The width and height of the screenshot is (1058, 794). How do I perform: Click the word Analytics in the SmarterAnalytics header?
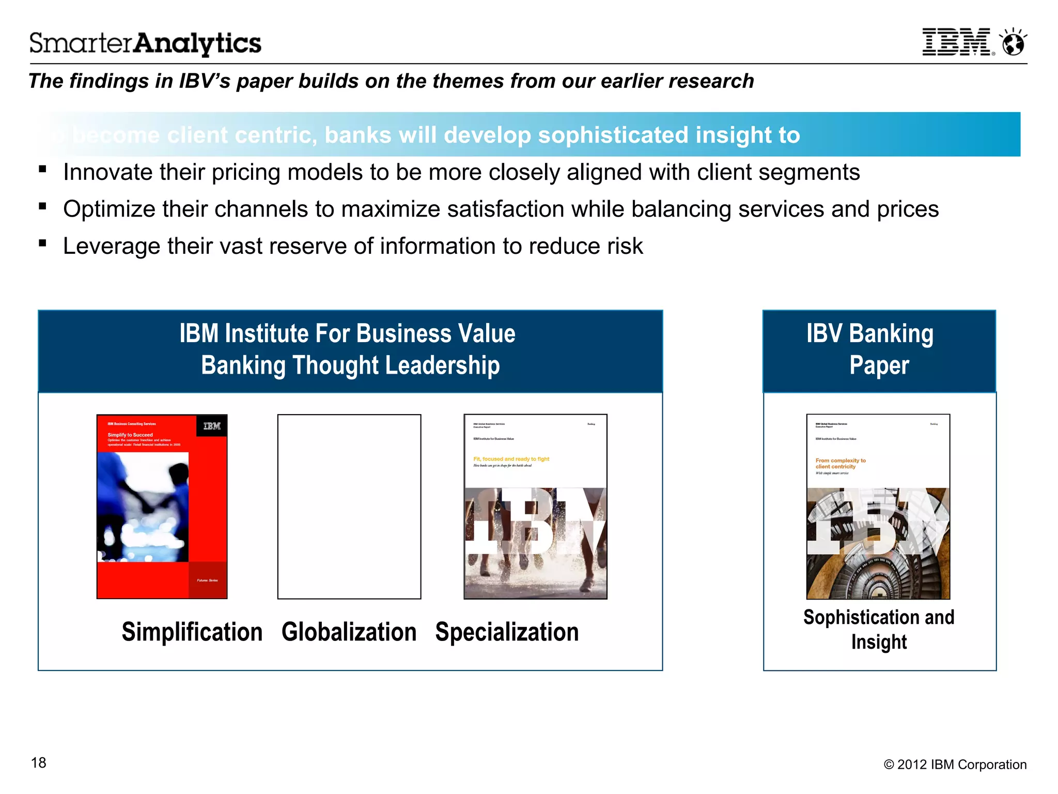point(198,43)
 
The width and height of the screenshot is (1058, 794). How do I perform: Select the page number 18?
point(39,763)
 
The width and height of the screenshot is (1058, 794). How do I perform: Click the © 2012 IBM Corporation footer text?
point(955,765)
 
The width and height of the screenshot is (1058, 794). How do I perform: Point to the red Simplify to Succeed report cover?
point(162,507)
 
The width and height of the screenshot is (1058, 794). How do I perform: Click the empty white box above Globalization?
point(349,507)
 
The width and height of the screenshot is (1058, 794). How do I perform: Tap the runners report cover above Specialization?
point(535,507)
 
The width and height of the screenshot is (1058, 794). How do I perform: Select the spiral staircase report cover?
point(878,507)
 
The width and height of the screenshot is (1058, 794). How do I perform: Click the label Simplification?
point(192,632)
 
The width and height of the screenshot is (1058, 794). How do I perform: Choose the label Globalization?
point(349,632)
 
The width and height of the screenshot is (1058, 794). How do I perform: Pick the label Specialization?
point(507,632)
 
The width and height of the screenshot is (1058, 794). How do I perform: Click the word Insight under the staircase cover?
point(879,642)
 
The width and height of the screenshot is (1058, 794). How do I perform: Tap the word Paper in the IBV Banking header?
point(879,365)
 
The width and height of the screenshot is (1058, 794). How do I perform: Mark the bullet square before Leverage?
point(43,243)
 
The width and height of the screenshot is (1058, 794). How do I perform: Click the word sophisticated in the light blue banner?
point(613,135)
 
